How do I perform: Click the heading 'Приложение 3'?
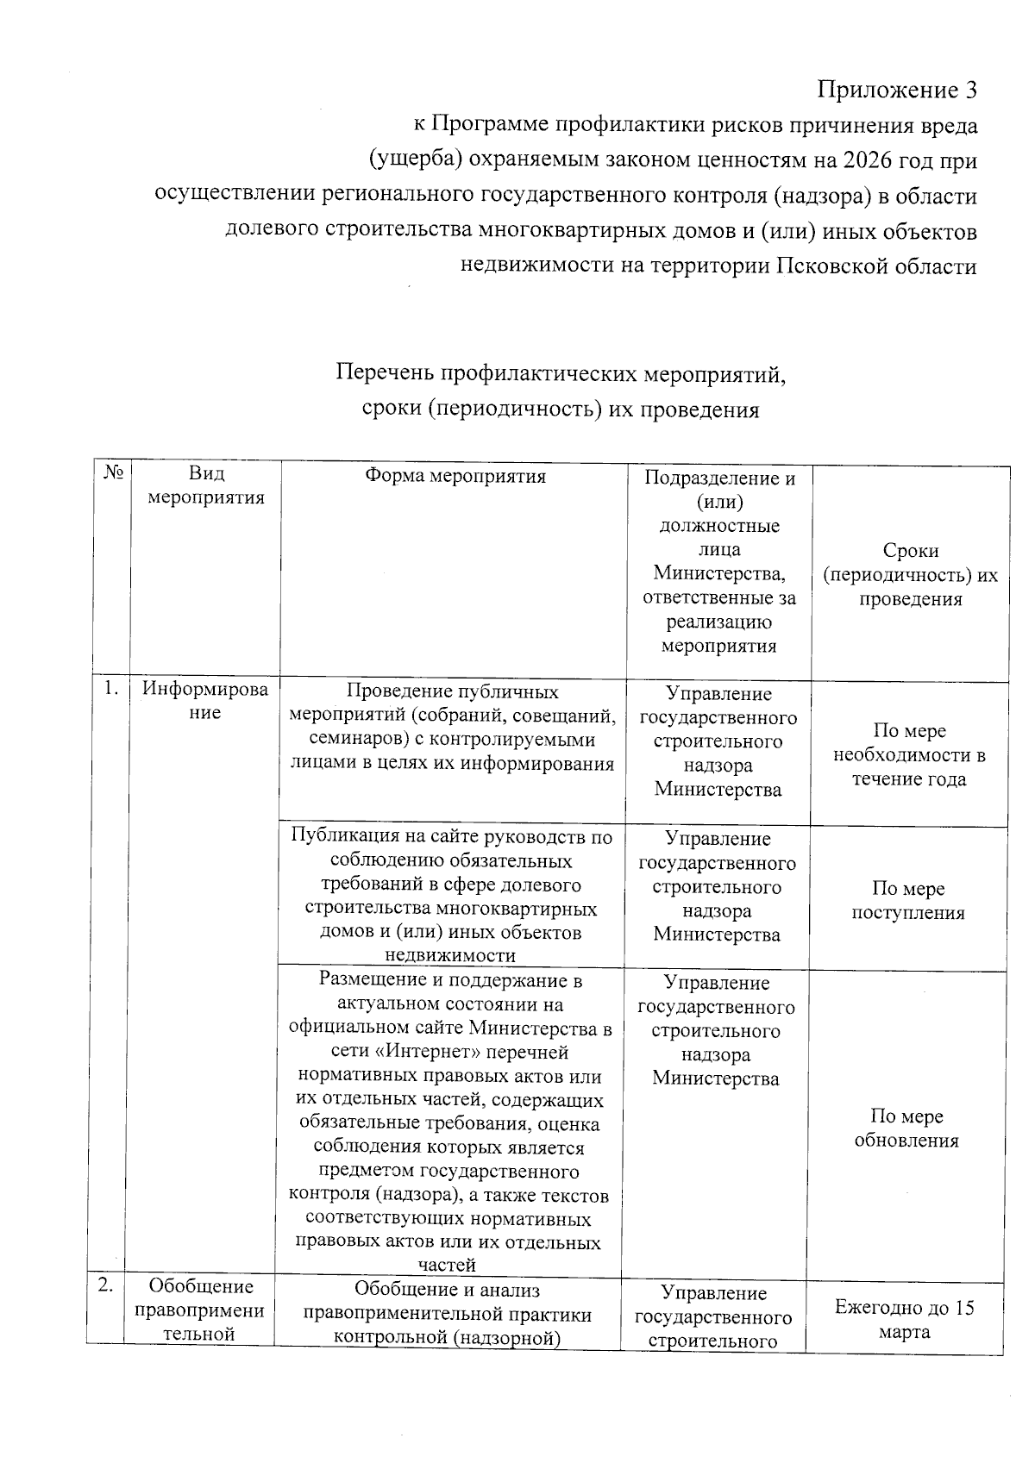tap(897, 89)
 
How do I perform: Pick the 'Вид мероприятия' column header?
tap(205, 485)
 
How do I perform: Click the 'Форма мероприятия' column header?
tap(455, 476)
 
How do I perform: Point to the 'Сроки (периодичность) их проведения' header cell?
tap(910, 574)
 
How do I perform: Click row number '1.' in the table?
tap(111, 688)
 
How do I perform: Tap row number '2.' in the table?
tap(105, 1285)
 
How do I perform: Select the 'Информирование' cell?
tap(205, 701)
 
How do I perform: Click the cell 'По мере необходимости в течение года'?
tap(909, 754)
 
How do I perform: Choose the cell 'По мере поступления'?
tap(908, 900)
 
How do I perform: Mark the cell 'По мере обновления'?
tap(906, 1128)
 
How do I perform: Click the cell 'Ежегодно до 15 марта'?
tap(904, 1319)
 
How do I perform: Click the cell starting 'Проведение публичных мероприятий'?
tap(452, 727)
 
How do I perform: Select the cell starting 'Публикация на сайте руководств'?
tap(451, 895)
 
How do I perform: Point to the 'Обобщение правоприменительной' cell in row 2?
tap(201, 1310)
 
